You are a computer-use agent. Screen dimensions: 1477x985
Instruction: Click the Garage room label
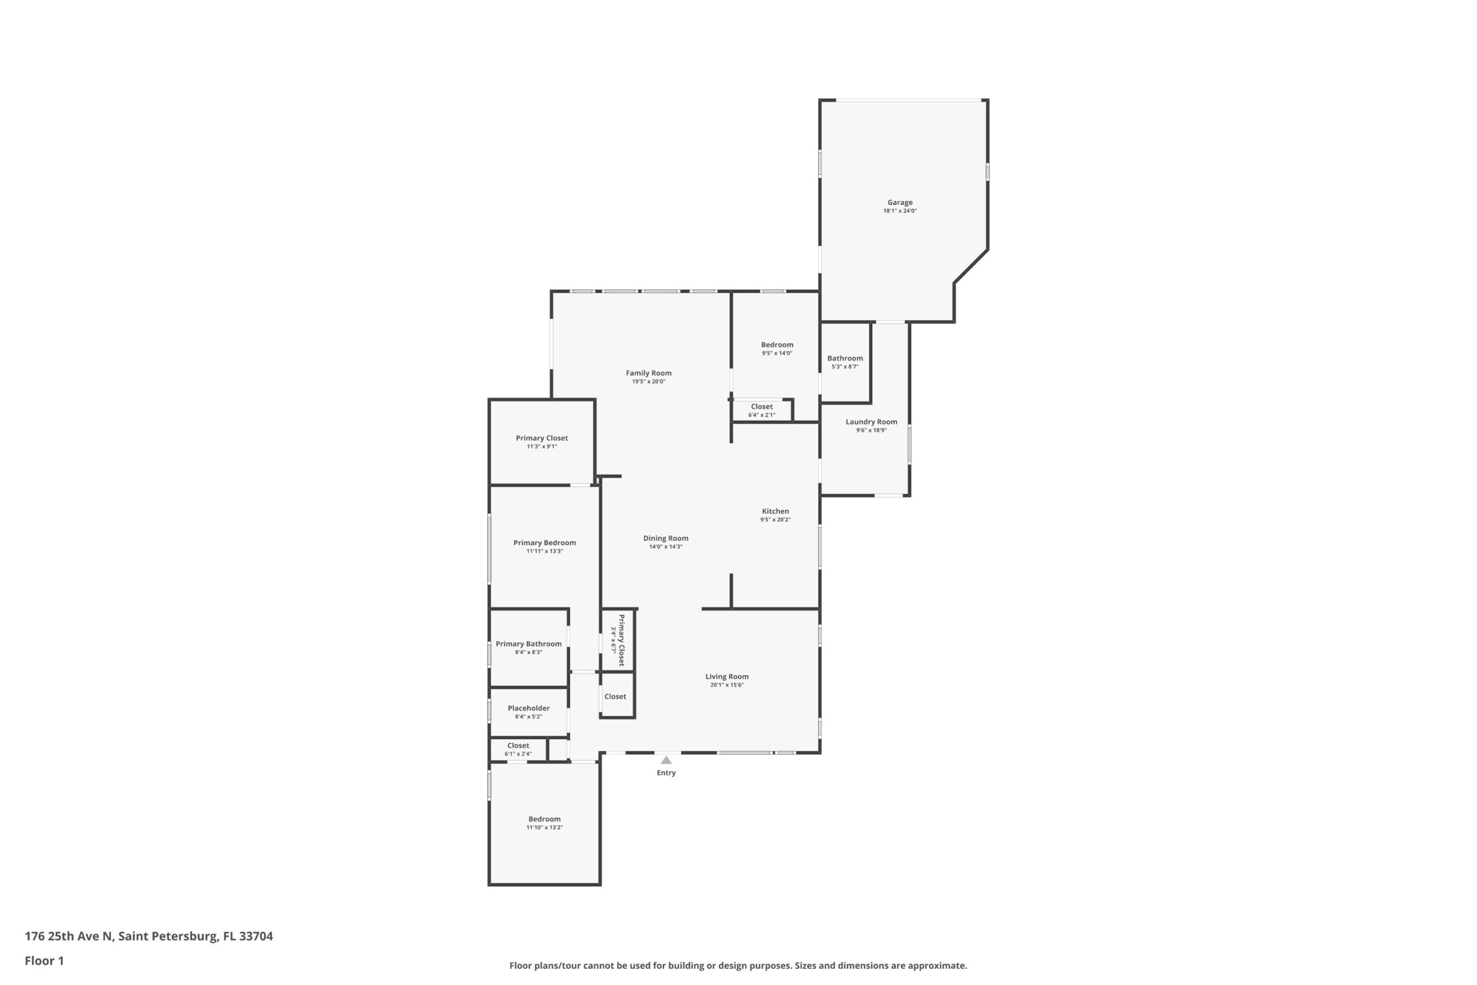coord(900,203)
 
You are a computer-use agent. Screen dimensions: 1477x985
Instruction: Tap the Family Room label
coord(648,373)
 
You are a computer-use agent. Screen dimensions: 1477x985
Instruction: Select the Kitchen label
coord(775,511)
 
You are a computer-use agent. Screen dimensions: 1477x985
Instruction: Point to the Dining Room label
coord(666,538)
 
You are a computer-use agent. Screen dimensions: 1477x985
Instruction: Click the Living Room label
coord(727,676)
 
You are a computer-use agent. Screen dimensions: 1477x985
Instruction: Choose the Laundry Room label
coord(872,422)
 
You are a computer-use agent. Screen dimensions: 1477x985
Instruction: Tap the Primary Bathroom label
coord(528,644)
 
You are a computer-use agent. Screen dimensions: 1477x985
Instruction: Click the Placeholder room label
coord(528,708)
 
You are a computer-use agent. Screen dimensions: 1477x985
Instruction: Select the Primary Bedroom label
coord(545,543)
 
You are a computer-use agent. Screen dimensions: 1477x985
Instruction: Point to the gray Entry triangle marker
coord(666,760)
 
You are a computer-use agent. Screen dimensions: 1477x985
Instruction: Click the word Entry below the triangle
coord(666,773)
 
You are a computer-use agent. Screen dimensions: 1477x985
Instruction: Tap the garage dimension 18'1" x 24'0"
coord(900,211)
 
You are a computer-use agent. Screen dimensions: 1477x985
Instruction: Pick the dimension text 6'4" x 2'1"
coord(762,415)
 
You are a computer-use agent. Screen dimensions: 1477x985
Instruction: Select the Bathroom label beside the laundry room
coord(845,358)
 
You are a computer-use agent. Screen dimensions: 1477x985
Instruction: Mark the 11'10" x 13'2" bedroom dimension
coord(545,827)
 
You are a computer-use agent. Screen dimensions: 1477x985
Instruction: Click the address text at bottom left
coord(149,936)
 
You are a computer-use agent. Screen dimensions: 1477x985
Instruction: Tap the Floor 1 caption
coord(44,961)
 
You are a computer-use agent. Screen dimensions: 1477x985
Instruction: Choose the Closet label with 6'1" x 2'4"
coord(518,746)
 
